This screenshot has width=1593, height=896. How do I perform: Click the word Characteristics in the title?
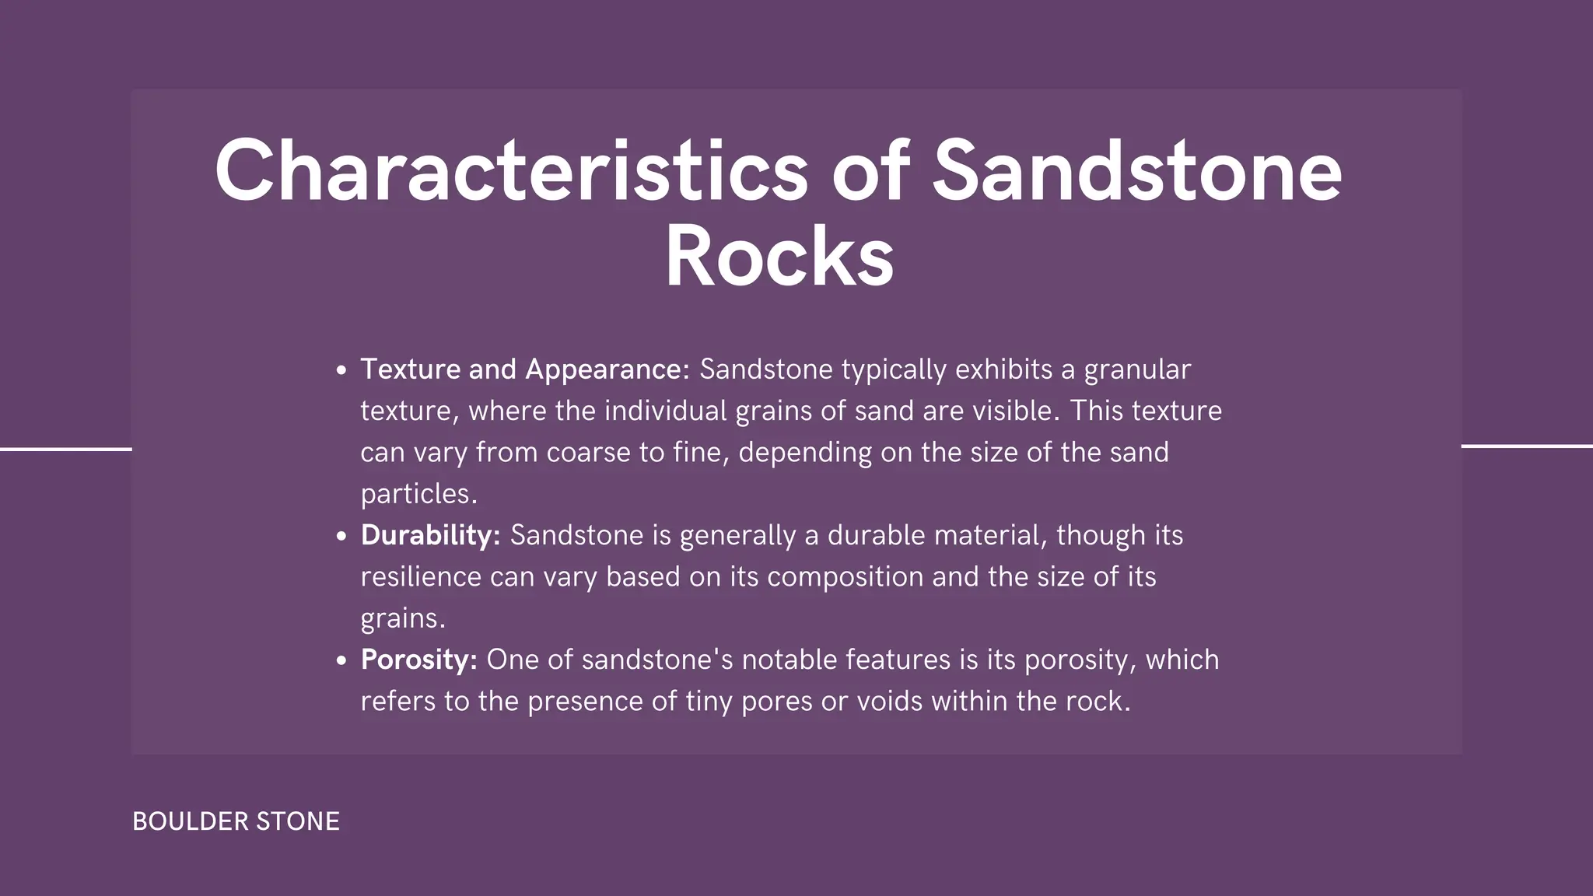pyautogui.click(x=511, y=171)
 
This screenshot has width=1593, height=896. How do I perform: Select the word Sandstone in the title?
pyautogui.click(x=1137, y=171)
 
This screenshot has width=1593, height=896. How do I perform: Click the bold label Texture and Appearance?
pyautogui.click(x=525, y=369)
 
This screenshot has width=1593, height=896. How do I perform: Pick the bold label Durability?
pyautogui.click(x=430, y=535)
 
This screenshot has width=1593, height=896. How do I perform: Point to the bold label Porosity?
pyautogui.click(x=418, y=660)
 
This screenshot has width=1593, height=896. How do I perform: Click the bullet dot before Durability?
pyautogui.click(x=341, y=537)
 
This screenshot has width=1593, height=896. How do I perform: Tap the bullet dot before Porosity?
pyautogui.click(x=341, y=661)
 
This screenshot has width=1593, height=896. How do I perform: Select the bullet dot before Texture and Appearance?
pyautogui.click(x=341, y=371)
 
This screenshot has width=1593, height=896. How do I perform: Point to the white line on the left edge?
pyautogui.click(x=66, y=449)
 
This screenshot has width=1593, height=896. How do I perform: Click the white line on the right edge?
pyautogui.click(x=1527, y=446)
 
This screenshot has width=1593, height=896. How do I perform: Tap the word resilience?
pyautogui.click(x=421, y=577)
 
